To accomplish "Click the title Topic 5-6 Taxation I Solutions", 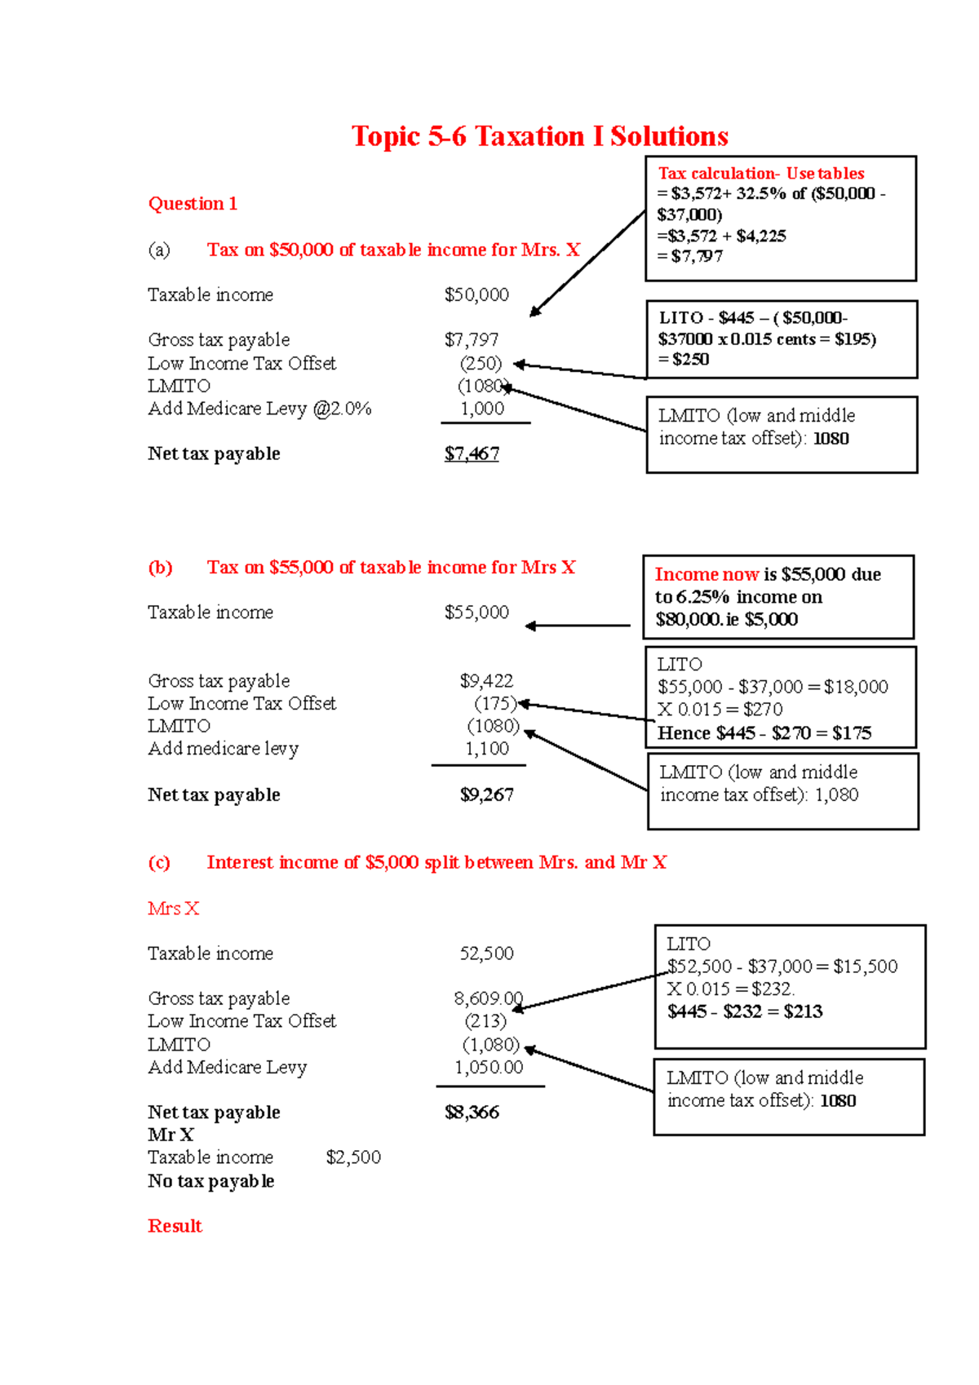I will click(539, 136).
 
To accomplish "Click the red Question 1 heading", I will click(193, 204).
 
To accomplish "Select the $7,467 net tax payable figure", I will click(472, 454).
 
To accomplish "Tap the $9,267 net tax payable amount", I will click(486, 794).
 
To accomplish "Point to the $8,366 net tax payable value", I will click(472, 1112).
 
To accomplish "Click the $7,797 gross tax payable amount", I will click(472, 339).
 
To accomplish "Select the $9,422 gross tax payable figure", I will click(486, 680).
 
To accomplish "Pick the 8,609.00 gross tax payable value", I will click(488, 998).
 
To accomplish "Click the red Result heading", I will click(175, 1226).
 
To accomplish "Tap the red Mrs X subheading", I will click(173, 909).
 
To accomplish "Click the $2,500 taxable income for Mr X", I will click(353, 1157).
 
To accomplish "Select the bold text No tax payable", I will click(210, 1181).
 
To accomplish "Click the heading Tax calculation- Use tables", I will click(760, 173).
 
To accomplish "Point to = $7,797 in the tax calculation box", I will click(690, 256).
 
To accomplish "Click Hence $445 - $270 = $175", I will click(764, 732).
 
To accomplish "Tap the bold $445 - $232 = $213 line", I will click(745, 1011).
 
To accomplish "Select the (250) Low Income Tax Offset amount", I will click(481, 363).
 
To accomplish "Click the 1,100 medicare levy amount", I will click(487, 748).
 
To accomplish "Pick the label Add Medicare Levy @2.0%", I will click(259, 409).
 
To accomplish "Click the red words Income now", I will click(707, 574).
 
